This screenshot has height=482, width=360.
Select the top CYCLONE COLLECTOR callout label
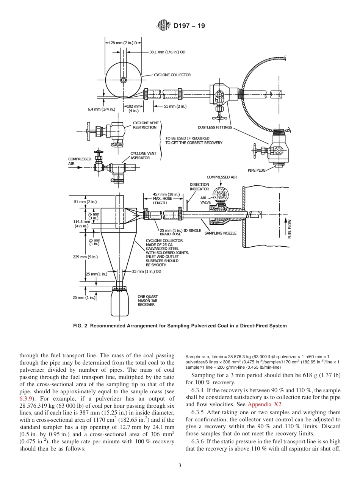pyautogui.click(x=172, y=75)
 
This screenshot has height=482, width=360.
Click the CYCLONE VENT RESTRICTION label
pyautogui.click(x=144, y=125)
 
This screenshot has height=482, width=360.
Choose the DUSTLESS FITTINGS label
pyautogui.click(x=215, y=127)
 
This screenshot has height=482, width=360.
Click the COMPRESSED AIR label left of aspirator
pyautogui.click(x=79, y=161)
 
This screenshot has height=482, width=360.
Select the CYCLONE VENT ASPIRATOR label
pyautogui.click(x=144, y=155)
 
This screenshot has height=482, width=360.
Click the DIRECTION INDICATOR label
pyautogui.click(x=199, y=186)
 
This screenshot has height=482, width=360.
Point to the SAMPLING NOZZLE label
pyautogui.click(x=220, y=233)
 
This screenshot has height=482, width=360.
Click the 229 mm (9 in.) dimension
pyautogui.click(x=85, y=257)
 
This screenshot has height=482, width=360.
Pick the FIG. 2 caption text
pyautogui.click(x=180, y=326)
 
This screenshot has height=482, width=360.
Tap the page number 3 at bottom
pyautogui.click(x=180, y=465)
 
